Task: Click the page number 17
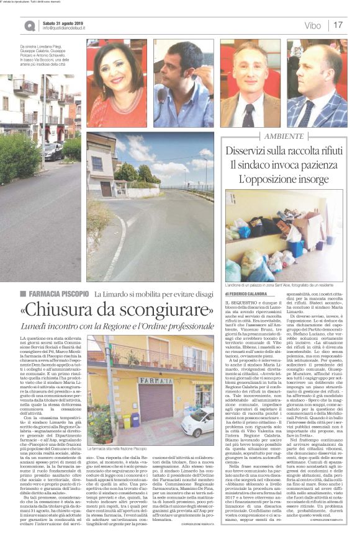coord(338,25)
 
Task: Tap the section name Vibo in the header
coord(313,25)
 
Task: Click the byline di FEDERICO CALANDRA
coord(245,293)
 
